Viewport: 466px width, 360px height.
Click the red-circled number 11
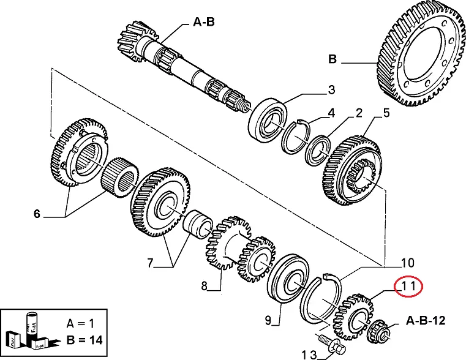point(408,286)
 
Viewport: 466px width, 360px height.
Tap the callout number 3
point(331,90)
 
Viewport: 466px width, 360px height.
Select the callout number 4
point(331,113)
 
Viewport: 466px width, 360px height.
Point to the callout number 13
point(309,354)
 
